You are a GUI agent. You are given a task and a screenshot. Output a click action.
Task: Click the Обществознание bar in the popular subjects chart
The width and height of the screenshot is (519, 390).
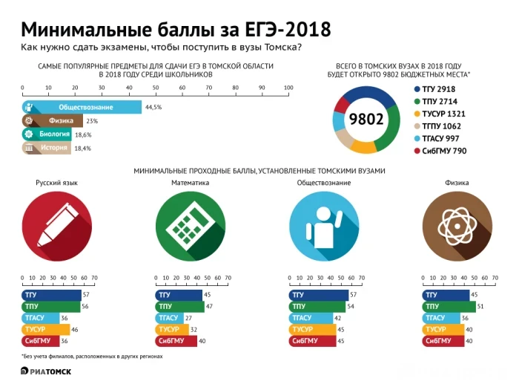click(82, 107)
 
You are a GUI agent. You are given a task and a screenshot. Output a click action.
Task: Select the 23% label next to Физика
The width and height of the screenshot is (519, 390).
click(92, 121)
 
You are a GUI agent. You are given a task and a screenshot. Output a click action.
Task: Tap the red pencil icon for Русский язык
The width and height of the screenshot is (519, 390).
click(56, 226)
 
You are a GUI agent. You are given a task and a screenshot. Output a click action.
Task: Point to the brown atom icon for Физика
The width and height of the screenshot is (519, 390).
click(456, 226)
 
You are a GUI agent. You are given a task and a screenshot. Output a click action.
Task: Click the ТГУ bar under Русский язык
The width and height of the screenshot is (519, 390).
click(51, 295)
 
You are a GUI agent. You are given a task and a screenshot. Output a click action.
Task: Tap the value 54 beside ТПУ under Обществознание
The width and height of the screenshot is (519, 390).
click(351, 307)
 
